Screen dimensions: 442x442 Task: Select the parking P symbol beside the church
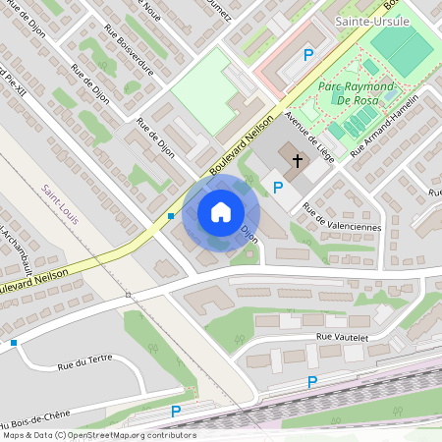point(278,187)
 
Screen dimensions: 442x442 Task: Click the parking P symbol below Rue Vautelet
point(312,381)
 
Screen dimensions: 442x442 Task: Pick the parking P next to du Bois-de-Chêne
point(177,412)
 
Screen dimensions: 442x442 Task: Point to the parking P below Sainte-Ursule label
point(309,56)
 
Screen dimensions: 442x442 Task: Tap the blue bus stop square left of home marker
point(171,216)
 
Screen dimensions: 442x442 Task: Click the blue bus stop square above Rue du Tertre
point(14,342)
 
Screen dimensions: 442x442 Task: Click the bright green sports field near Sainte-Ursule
point(404,45)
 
